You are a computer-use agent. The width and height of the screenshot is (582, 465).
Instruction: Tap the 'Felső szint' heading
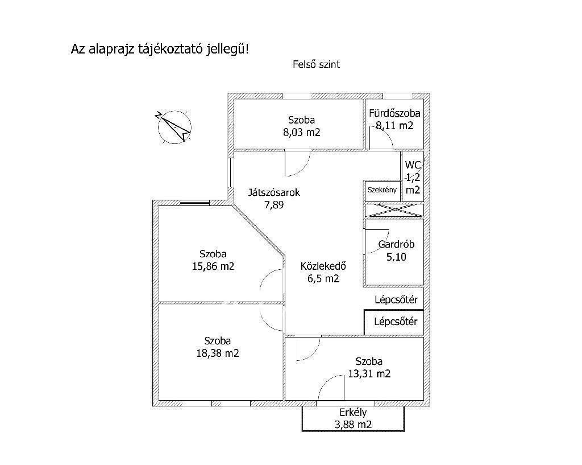(x=316, y=65)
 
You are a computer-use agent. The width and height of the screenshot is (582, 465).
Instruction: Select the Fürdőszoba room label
(x=394, y=113)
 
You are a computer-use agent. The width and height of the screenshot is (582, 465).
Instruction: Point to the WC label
(x=413, y=165)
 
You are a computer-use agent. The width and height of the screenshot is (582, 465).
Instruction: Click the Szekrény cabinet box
(x=382, y=190)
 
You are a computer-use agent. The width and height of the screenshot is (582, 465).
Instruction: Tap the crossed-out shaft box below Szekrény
(x=394, y=209)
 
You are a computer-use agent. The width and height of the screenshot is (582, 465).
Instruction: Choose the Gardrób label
(x=396, y=245)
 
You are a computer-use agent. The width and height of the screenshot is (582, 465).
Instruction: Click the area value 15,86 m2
(x=213, y=266)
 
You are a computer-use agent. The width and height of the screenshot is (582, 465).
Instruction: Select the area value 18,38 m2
(x=218, y=353)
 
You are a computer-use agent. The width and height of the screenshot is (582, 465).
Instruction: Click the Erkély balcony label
(x=353, y=413)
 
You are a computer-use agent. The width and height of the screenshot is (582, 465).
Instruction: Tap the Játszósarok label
(x=274, y=192)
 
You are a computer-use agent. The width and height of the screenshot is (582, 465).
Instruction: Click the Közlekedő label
(x=323, y=266)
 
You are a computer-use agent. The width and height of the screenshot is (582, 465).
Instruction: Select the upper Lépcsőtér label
(x=396, y=299)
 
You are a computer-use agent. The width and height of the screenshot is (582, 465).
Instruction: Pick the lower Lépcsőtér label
(x=396, y=322)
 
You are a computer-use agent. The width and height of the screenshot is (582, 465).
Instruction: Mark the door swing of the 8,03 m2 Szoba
(x=297, y=165)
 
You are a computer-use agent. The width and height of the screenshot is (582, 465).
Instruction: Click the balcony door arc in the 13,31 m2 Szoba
(x=331, y=388)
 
